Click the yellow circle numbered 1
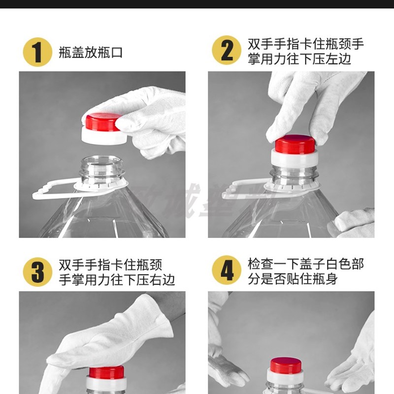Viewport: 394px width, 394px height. tap(37, 52)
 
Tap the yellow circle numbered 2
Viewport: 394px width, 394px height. tap(226, 50)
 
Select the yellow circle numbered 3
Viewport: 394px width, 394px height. tap(37, 272)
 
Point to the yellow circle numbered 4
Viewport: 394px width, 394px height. tap(226, 270)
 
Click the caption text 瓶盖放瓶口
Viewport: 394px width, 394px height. tap(91, 53)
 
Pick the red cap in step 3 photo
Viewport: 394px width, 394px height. tap(106, 372)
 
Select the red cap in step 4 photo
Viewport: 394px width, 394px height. tap(286, 365)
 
